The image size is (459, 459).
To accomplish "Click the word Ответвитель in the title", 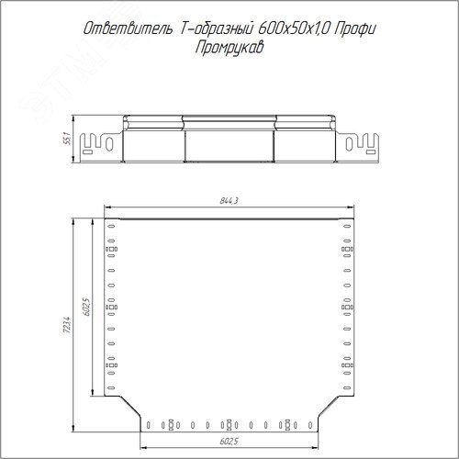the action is [x=128, y=29].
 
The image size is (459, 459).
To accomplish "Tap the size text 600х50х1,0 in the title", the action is [x=294, y=29].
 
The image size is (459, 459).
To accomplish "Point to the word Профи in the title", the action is [x=354, y=29].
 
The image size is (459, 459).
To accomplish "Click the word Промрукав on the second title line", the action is [x=229, y=48].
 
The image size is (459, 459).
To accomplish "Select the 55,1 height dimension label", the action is [x=68, y=139].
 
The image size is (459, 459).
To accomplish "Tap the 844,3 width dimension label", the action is [x=229, y=201].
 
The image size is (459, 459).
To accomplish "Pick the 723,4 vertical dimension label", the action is [x=67, y=325].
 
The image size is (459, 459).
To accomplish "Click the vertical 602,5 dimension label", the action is [x=86, y=307].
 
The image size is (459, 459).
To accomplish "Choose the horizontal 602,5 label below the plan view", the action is [x=229, y=441].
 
